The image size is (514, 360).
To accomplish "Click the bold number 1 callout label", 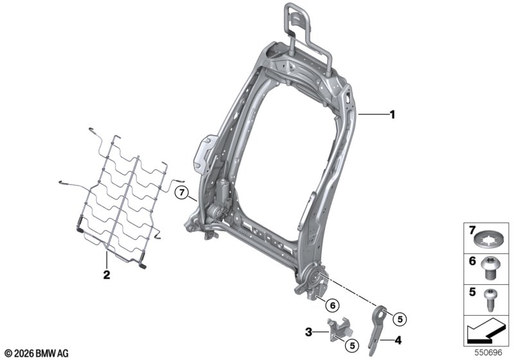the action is tap(392, 115).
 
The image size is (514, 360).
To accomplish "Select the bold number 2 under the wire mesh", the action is tap(107, 274).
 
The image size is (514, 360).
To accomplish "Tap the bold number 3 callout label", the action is tap(308, 332).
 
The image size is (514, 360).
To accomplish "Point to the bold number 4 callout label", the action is tap(398, 340).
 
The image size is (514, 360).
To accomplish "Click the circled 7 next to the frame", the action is tap(182, 192).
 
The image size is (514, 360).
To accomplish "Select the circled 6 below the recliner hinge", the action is tap(332, 305).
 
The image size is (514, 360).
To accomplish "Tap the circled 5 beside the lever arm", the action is tap(400, 319).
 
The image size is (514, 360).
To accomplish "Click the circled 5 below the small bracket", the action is tap(352, 345).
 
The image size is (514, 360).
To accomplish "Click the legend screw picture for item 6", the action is tap(489, 268).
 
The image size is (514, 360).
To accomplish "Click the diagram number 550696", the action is tap(488, 352).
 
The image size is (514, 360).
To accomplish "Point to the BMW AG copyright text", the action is tap(37, 354).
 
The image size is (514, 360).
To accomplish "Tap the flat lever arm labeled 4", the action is tap(377, 330).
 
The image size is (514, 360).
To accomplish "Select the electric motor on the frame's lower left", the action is tap(219, 199).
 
